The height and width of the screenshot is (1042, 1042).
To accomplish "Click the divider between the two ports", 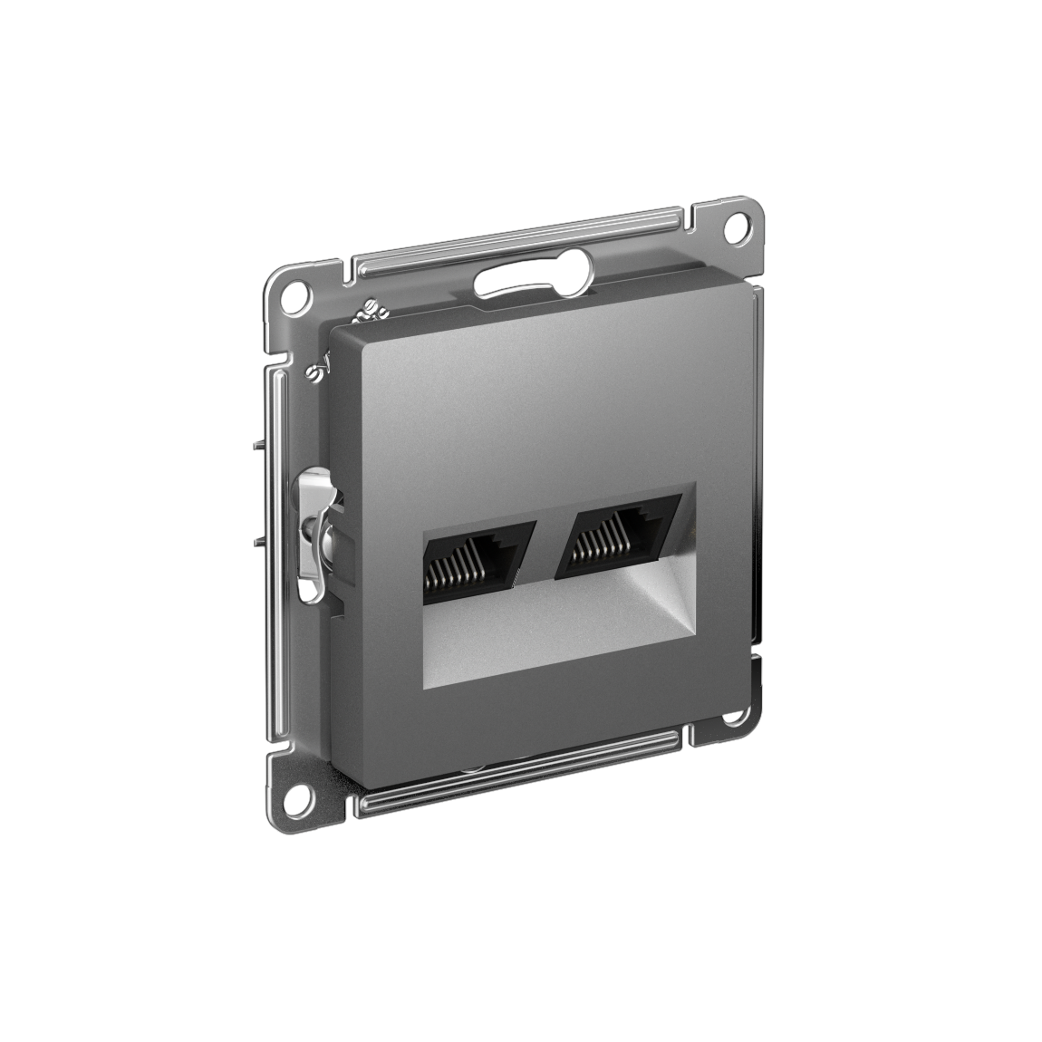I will pyautogui.click(x=540, y=549).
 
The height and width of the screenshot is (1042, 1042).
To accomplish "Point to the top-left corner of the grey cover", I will pyautogui.click(x=337, y=331).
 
